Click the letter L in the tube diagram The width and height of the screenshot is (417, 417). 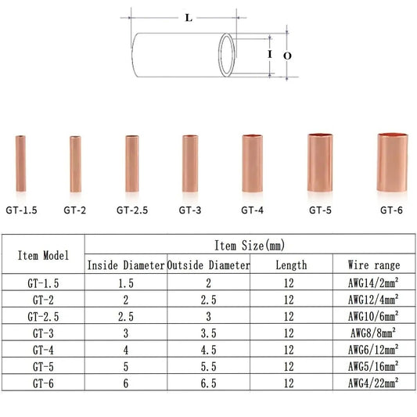point(189,18)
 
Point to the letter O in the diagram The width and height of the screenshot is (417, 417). point(286,56)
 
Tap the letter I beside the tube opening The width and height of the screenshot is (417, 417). point(269,55)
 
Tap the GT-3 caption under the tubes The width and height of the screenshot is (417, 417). point(190,210)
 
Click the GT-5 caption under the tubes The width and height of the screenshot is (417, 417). point(321,210)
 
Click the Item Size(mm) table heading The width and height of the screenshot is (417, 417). point(249,246)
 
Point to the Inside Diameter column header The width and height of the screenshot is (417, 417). point(125,265)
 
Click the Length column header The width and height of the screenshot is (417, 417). point(290,265)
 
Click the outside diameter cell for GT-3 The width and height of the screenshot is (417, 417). point(208,333)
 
